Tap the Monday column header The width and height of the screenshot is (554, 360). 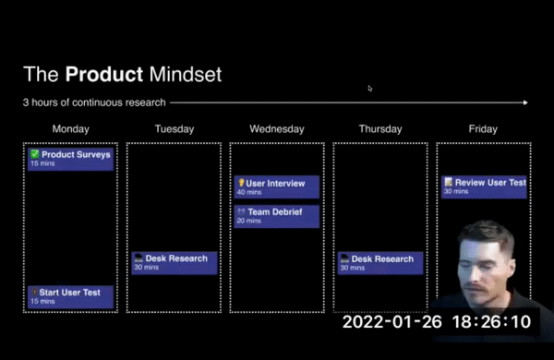pos(71,129)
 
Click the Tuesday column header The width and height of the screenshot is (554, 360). pos(173,129)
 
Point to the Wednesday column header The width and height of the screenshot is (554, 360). pos(275,129)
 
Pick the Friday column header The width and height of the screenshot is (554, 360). pos(482,129)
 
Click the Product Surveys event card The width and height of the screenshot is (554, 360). pos(71,159)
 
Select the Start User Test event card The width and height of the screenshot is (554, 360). pos(71,296)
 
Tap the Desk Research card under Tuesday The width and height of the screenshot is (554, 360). pos(174,263)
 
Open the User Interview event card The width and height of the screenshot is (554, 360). pos(276,187)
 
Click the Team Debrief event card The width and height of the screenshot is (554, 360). pos(276,216)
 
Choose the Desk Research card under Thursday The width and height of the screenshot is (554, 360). pos(379,263)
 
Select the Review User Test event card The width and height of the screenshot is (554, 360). pos(484,186)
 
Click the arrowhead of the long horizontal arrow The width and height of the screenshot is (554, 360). pos(525,102)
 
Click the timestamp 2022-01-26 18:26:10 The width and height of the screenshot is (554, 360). pos(437,323)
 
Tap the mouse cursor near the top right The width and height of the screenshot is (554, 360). pos(370,89)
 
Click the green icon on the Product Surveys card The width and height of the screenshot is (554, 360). pos(34,154)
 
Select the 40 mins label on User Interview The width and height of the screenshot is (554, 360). pos(248,192)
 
